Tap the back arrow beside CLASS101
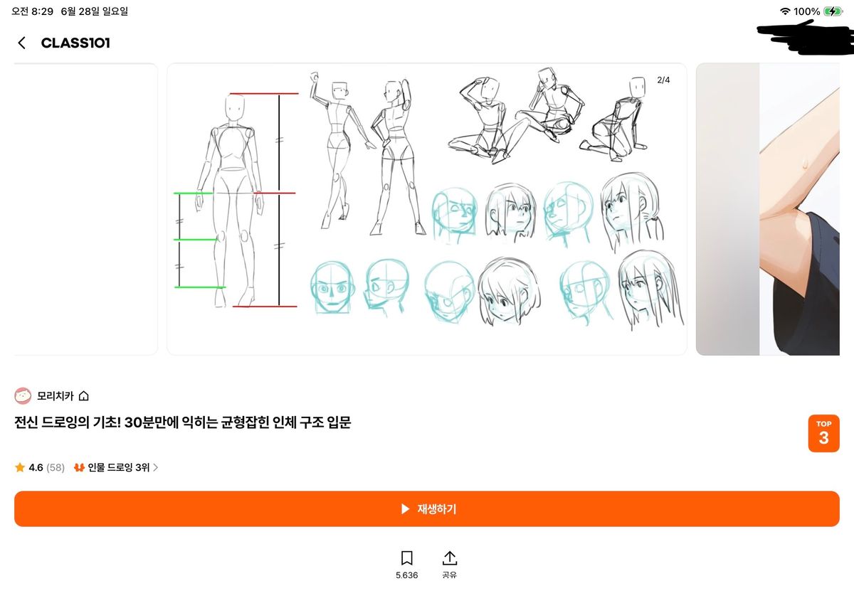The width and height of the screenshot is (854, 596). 22,43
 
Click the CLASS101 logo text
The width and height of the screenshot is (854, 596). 75,43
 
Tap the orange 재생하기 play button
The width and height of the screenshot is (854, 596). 426,509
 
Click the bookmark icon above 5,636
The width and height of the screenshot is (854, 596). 407,558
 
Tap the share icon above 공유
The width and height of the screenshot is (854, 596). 450,558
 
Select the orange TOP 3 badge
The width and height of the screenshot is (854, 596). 823,433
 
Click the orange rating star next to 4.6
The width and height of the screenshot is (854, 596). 20,467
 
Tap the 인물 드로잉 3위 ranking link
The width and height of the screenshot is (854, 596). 119,467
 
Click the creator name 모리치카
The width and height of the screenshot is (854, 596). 56,396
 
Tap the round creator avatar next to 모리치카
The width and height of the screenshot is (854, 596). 23,396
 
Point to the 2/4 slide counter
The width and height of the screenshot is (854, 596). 663,80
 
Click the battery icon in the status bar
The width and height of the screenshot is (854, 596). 833,11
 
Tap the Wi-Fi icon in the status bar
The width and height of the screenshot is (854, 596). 785,11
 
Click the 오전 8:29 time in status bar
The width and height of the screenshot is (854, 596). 33,11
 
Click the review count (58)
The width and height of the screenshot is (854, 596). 56,467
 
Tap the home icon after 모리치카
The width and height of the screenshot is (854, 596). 83,396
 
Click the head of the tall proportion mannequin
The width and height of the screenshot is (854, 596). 234,108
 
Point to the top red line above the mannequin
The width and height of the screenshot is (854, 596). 264,93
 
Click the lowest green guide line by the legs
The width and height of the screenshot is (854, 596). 200,287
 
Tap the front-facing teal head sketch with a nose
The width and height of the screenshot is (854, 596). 332,287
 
